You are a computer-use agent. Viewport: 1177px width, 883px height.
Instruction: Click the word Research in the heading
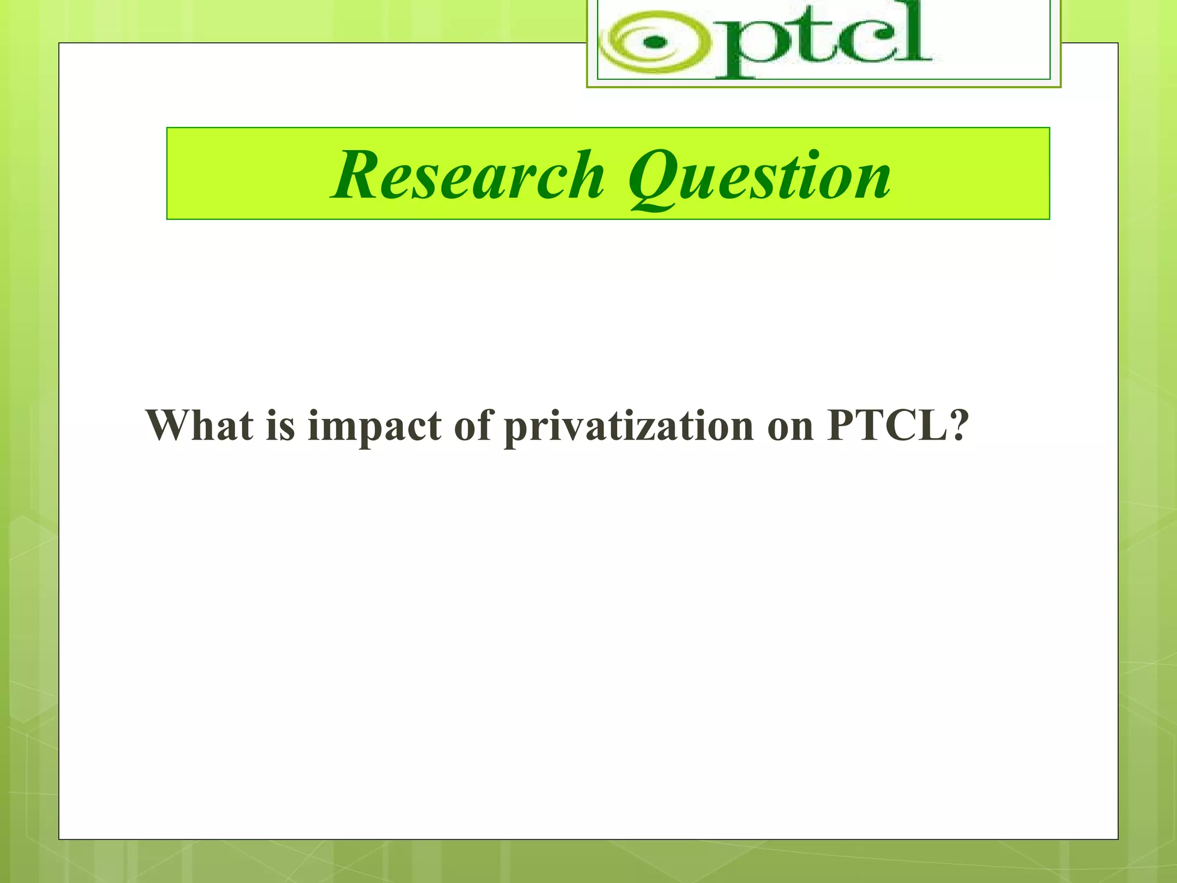(468, 175)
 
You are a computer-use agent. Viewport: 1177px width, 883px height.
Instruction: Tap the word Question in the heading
(759, 176)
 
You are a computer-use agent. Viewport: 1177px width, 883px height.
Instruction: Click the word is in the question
(280, 425)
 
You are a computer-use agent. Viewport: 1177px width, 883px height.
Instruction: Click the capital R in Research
(357, 175)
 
